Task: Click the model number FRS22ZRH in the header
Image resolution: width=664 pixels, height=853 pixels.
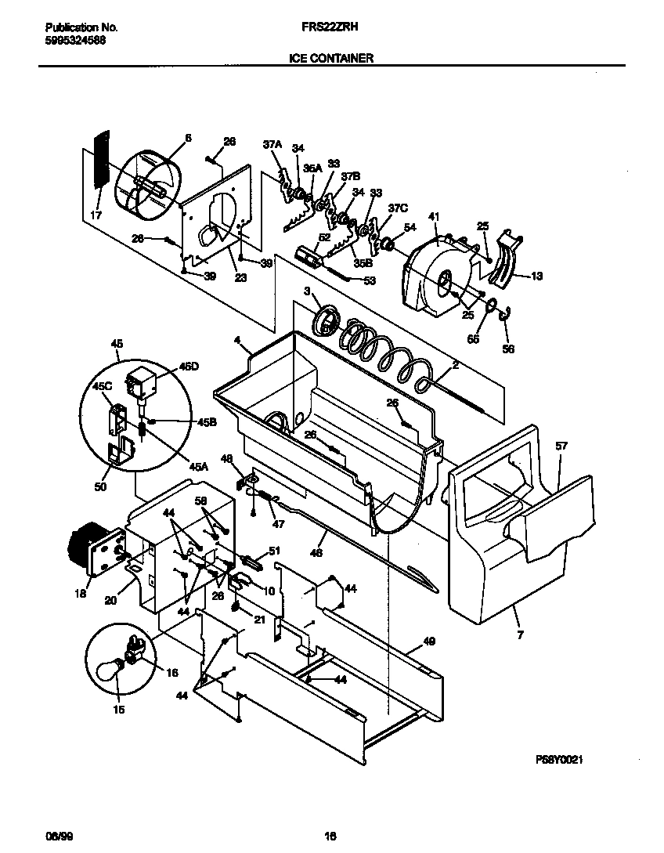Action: [325, 27]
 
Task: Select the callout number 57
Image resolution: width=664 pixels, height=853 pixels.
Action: [561, 446]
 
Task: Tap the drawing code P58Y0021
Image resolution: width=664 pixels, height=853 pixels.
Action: [559, 760]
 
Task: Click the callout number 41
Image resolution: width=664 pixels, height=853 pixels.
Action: [433, 217]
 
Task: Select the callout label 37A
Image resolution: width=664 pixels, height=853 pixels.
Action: [272, 145]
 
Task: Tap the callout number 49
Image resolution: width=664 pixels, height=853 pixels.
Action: [428, 641]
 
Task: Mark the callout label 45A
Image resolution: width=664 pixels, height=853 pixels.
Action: [200, 466]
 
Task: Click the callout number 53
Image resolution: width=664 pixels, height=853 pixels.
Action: [370, 280]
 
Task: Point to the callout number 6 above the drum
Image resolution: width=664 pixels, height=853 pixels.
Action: [187, 138]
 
